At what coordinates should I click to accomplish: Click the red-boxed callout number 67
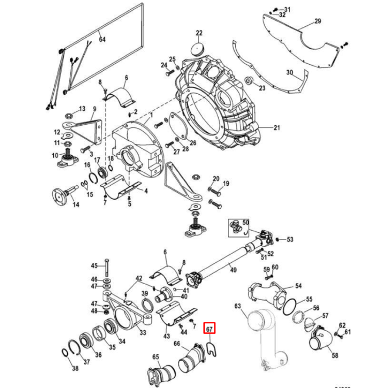210,328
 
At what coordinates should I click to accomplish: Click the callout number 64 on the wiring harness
102,39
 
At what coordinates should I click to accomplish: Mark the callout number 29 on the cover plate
317,22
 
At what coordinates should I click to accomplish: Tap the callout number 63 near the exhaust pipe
238,306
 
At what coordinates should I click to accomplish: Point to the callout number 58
334,356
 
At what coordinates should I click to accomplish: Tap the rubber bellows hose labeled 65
157,371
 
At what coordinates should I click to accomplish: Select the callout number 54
298,286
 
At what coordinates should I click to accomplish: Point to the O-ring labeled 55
290,305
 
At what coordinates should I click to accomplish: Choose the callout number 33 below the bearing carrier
142,332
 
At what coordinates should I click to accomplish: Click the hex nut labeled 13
67,113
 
